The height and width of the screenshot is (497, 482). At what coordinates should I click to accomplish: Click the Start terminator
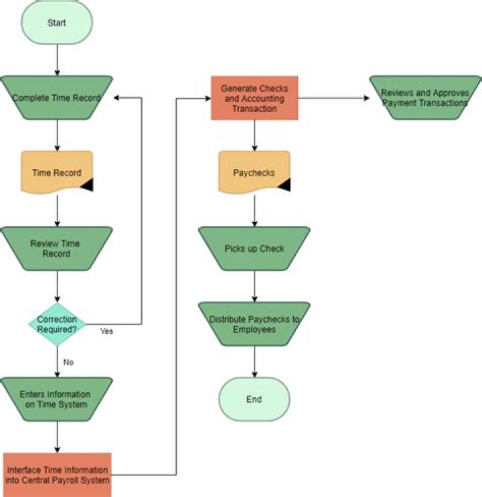(x=57, y=23)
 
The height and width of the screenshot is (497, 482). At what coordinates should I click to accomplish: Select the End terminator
(x=254, y=399)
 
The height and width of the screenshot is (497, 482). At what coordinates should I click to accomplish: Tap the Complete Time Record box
(x=57, y=98)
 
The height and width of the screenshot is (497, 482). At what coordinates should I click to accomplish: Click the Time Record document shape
(x=57, y=172)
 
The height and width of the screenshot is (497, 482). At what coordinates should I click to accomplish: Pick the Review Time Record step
(x=57, y=248)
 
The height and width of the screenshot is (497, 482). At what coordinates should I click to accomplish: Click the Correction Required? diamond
(x=57, y=324)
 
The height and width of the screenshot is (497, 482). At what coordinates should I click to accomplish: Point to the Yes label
(x=106, y=331)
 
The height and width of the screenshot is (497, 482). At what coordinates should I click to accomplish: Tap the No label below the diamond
(x=68, y=362)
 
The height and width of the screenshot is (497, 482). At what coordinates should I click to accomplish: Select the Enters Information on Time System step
(x=57, y=399)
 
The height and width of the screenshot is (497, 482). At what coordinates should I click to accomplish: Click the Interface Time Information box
(x=57, y=475)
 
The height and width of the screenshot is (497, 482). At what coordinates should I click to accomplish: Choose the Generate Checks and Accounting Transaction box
(x=254, y=98)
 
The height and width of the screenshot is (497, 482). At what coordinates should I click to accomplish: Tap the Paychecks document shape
(x=254, y=172)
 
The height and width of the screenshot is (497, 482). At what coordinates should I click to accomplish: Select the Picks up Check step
(x=254, y=248)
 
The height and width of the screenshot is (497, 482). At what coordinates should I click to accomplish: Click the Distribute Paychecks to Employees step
(x=254, y=324)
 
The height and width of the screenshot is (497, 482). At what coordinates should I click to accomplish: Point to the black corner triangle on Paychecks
(x=284, y=186)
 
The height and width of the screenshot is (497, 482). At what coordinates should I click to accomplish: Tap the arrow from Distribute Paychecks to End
(x=254, y=362)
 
